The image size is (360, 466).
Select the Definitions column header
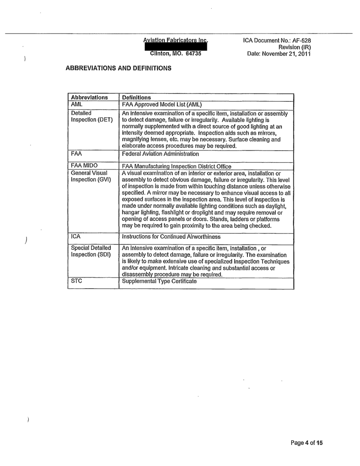[137, 98]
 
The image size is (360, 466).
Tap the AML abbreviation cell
[77, 105]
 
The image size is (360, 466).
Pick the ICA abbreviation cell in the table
[76, 237]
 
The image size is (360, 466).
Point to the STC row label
[76, 281]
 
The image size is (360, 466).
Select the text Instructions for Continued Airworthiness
[172, 237]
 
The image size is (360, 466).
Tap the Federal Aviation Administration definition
[161, 154]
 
